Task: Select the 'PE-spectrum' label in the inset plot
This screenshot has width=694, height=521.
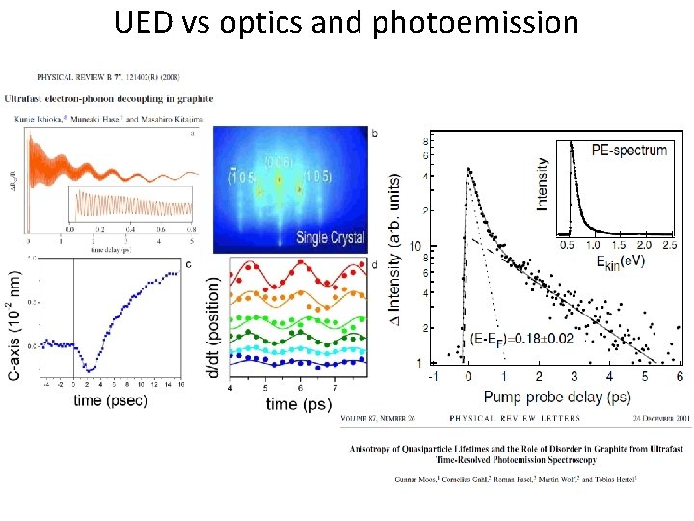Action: [x=629, y=150]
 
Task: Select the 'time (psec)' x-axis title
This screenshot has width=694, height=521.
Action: [x=111, y=400]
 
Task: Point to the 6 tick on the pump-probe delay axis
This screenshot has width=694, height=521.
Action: [x=680, y=378]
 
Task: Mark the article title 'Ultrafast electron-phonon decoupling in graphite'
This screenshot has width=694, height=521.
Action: [x=110, y=98]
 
